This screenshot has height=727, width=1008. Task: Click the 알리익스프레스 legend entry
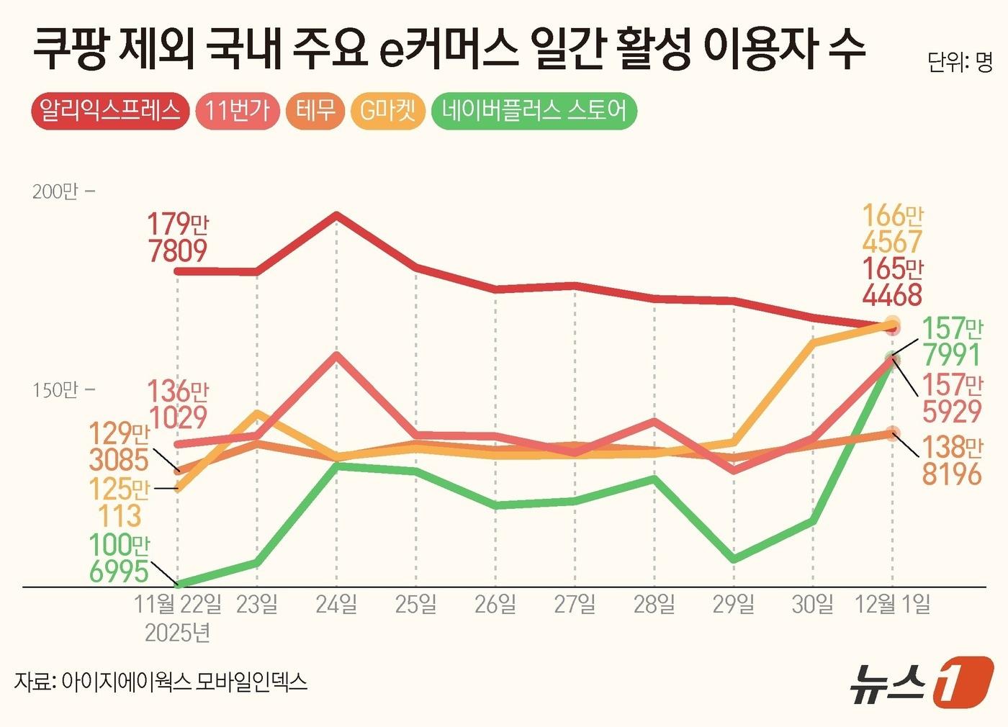tap(110, 111)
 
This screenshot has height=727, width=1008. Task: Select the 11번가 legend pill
tap(237, 111)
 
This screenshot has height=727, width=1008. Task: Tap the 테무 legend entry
tap(315, 111)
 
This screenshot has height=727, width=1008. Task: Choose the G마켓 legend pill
tap(387, 111)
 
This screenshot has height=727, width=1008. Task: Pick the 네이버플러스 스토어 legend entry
tap(534, 111)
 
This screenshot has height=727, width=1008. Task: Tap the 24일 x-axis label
tap(336, 604)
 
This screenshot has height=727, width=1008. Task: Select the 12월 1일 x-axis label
tap(892, 604)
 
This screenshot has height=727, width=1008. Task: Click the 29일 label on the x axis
tap(733, 604)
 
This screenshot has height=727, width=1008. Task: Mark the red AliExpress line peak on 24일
tap(336, 215)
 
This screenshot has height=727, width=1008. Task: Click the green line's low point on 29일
tap(733, 559)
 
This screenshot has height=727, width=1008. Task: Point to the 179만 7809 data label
tap(177, 238)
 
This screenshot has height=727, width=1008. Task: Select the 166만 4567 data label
tap(892, 229)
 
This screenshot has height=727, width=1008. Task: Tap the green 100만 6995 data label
tap(119, 558)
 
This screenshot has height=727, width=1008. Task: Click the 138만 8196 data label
tap(952, 461)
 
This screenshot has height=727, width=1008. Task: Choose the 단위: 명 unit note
tap(959, 63)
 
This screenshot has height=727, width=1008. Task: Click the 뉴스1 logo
tap(921, 681)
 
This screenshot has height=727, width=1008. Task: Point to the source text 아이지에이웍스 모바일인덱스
tap(184, 681)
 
